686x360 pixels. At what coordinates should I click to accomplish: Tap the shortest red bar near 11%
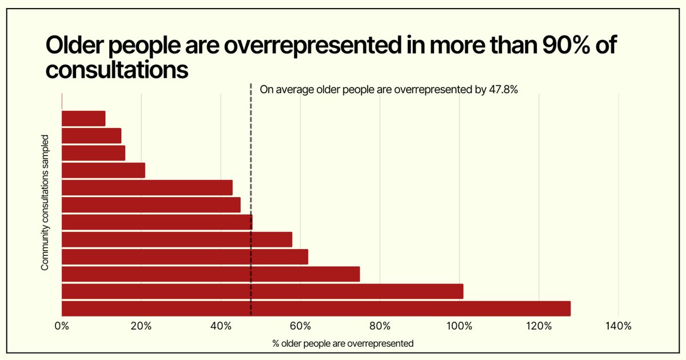pos(83,118)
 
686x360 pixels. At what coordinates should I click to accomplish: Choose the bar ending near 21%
pos(103,170)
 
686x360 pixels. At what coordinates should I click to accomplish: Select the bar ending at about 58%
pos(177,239)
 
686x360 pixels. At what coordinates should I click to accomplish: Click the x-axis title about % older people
pos(342,344)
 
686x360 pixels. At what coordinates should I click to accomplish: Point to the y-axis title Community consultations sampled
pos(45,202)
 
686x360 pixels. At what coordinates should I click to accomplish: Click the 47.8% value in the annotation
pos(504,89)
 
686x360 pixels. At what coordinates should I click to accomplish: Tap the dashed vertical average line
pos(251,143)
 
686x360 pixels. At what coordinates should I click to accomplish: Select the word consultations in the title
pos(117,70)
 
